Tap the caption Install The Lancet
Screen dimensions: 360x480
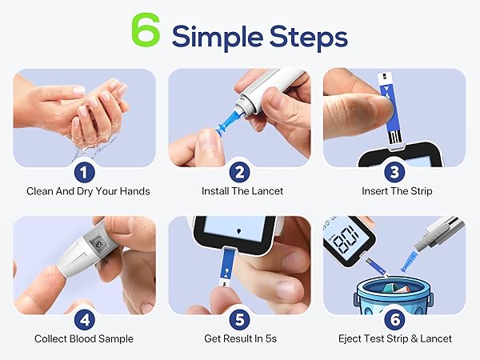239,191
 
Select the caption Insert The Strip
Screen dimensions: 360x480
394,191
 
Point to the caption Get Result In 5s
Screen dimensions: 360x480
239,338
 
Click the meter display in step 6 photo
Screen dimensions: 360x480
339,239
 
